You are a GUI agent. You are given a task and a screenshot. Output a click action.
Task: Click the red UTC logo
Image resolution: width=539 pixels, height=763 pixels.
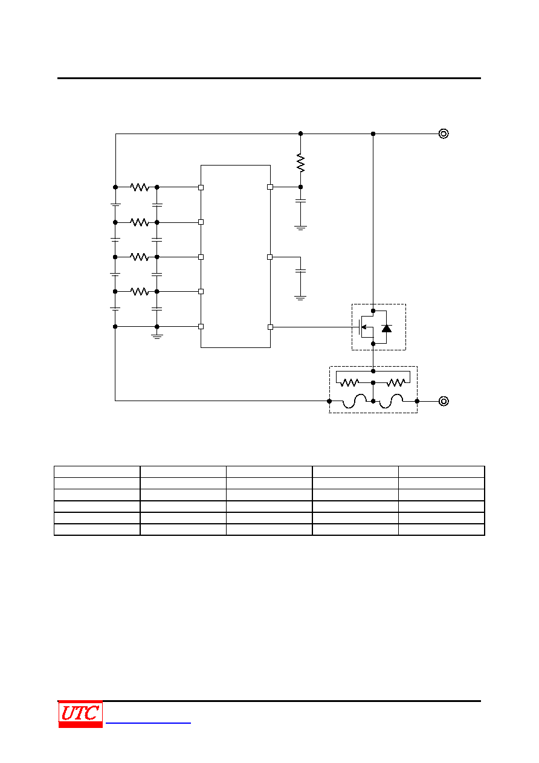click(x=80, y=714)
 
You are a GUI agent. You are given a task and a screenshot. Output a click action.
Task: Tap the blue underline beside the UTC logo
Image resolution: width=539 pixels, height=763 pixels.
click(x=148, y=723)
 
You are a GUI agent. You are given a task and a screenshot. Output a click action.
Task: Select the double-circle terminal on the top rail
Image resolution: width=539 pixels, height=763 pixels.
click(x=444, y=134)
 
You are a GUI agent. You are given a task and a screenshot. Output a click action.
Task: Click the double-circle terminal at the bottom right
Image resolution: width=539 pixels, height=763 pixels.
click(x=444, y=401)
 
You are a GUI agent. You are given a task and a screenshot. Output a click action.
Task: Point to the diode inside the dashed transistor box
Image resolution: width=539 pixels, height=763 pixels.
click(x=386, y=329)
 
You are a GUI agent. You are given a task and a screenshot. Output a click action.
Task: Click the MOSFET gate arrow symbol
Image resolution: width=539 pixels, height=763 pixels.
click(x=364, y=327)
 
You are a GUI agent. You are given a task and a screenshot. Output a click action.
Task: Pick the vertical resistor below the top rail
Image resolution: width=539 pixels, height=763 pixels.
click(x=300, y=163)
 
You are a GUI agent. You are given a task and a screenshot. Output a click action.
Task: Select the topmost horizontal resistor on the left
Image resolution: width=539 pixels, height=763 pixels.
click(x=140, y=187)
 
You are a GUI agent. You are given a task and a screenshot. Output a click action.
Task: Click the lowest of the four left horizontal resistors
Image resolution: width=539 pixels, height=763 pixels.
click(x=140, y=292)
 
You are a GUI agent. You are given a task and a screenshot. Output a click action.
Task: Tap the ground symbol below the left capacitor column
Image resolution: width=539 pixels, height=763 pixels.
click(x=157, y=336)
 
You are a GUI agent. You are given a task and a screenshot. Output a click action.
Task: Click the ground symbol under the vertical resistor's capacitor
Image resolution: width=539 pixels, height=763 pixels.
click(x=300, y=228)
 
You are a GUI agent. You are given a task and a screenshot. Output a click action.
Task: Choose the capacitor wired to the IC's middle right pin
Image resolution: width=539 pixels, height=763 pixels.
click(x=300, y=271)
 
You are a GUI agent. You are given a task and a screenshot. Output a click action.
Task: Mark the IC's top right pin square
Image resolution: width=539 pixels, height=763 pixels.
click(x=270, y=187)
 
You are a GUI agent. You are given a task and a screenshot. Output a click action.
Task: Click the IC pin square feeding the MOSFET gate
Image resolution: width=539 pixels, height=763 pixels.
click(x=270, y=327)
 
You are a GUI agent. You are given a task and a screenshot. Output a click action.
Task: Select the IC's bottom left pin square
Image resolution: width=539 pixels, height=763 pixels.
click(x=201, y=326)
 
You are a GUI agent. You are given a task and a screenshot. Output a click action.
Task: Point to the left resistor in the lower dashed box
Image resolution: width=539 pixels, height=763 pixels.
click(x=349, y=383)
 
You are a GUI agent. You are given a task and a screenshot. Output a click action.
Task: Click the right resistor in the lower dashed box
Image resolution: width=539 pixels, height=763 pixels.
click(x=396, y=383)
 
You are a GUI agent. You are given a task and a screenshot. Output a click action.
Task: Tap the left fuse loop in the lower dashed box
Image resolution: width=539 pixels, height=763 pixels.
click(x=354, y=401)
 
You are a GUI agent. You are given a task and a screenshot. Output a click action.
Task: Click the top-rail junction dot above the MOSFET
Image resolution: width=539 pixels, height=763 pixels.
click(x=373, y=134)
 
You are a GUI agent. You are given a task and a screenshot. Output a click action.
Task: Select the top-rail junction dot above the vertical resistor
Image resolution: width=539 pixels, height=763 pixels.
click(x=300, y=134)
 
